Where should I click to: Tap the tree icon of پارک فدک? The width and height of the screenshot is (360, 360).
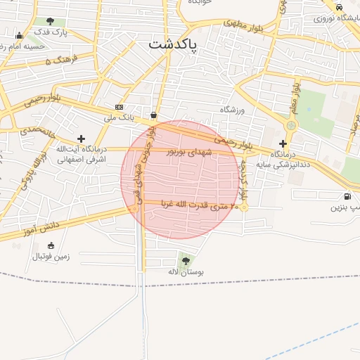click(51, 21)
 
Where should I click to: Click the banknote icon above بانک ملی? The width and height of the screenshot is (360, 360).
click(119, 108)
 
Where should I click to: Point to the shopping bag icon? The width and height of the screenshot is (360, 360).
click(153, 115)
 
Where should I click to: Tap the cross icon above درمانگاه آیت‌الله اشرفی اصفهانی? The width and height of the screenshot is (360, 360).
click(82, 139)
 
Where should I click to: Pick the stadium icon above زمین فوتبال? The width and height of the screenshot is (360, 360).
click(51, 245)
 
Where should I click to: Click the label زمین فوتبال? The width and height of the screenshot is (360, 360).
click(51, 257)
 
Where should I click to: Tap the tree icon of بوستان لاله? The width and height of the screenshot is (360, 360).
click(186, 260)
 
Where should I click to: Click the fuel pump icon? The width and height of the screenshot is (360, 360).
click(347, 196)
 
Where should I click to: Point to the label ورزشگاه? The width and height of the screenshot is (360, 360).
click(231, 110)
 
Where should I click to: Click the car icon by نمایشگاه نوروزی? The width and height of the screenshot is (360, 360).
click(339, 7)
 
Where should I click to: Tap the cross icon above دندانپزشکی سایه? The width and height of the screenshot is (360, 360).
click(283, 143)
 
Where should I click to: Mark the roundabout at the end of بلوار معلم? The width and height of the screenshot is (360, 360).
click(290, 125)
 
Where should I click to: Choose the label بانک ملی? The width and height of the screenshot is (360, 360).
click(119, 117)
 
